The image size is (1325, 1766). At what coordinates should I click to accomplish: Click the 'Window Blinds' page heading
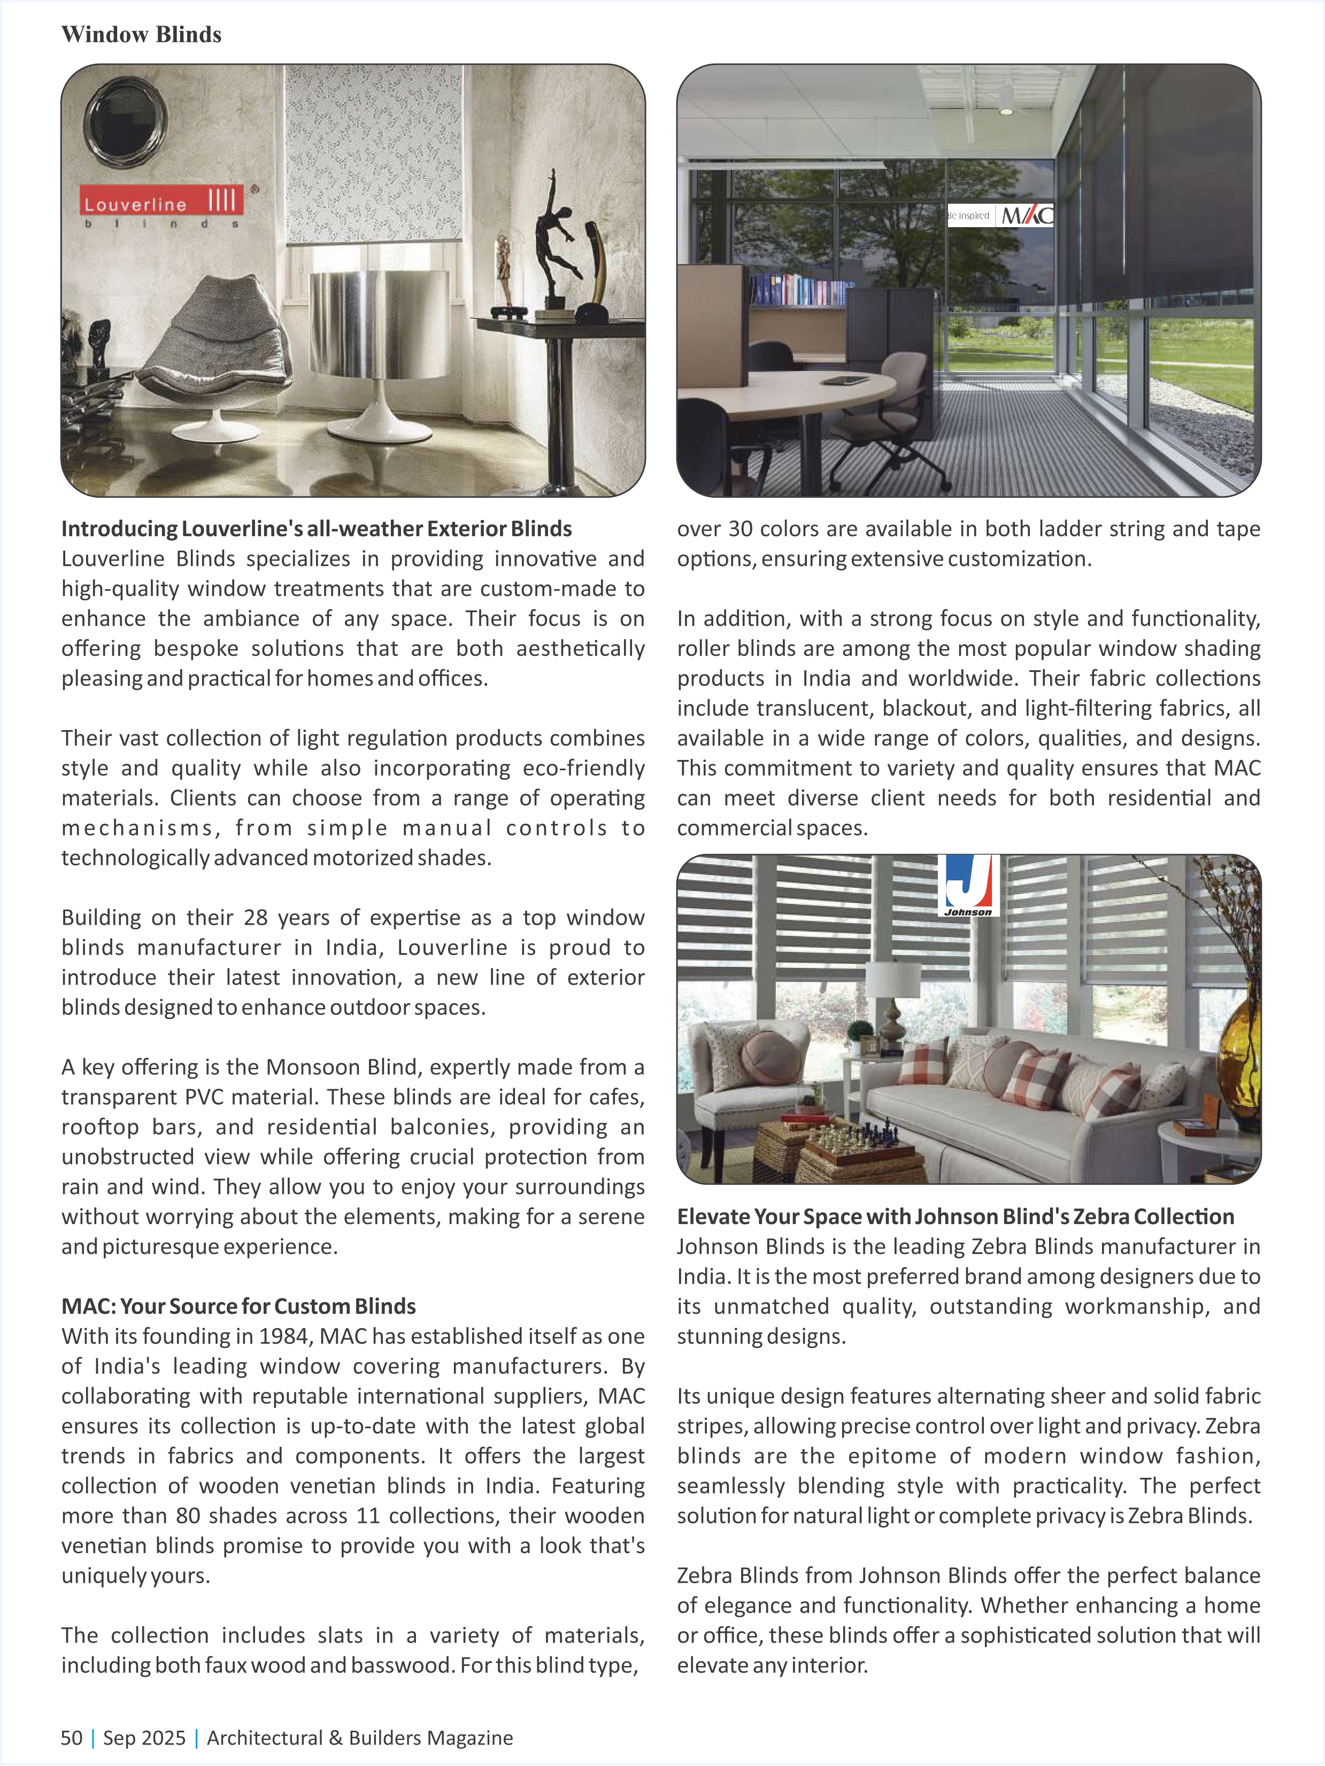point(141,34)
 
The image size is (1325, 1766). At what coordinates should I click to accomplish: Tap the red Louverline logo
point(162,201)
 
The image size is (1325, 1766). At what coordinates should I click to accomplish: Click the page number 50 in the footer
point(72,1738)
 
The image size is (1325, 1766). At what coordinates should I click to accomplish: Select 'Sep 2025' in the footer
point(144,1738)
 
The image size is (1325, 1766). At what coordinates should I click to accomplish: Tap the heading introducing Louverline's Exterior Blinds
point(316,529)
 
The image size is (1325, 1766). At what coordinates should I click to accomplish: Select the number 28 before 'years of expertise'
point(256,917)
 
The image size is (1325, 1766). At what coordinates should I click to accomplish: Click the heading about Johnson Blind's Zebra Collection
point(955,1217)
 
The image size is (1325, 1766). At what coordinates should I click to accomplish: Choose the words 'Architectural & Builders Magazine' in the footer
point(359,1738)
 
